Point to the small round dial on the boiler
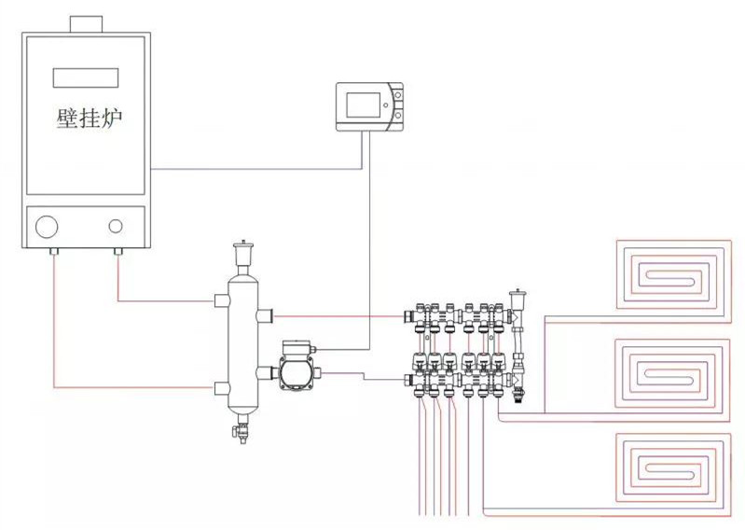pos(116,226)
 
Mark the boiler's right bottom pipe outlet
pos(118,252)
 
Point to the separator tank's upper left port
pos(222,300)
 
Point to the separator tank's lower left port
pos(222,387)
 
